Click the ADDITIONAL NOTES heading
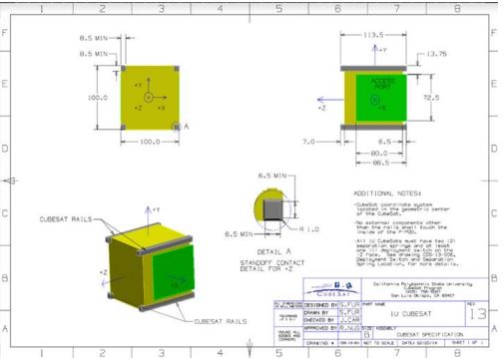(x=383, y=192)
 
